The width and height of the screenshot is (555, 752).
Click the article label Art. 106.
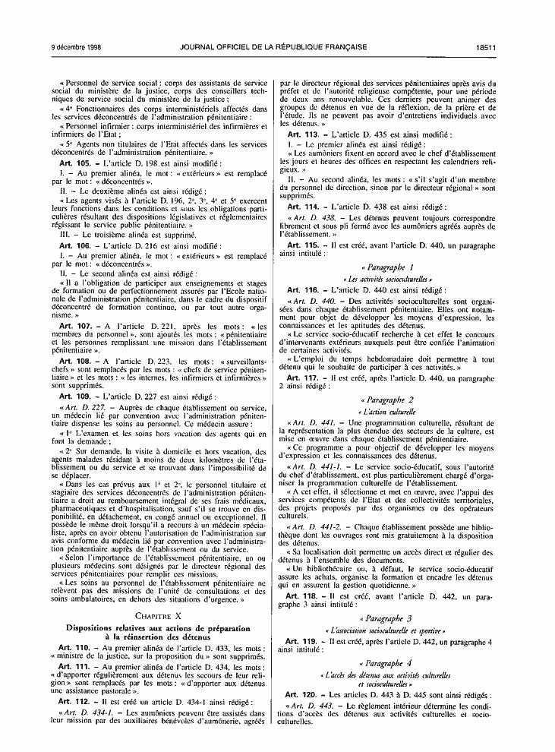tap(74, 246)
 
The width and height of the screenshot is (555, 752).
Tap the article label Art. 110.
tap(74, 646)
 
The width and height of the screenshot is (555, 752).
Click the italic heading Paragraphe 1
tap(387, 267)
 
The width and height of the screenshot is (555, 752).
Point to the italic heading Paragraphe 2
tap(387, 400)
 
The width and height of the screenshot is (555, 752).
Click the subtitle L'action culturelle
tap(387, 411)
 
